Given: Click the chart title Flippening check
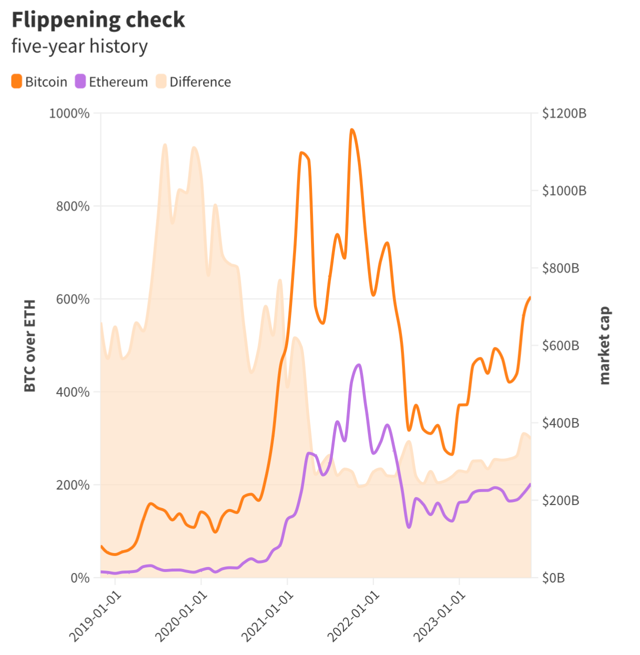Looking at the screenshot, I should coord(98,20).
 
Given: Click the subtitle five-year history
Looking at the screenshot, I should coord(79,46).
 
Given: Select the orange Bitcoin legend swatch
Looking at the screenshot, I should coord(16,81).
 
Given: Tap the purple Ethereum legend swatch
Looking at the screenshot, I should coord(80,81).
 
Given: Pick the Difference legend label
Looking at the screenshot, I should coord(200,82).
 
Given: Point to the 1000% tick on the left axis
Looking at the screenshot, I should coord(69,113).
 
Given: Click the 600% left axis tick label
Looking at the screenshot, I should coord(73,299).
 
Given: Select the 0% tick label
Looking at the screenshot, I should coord(80,578).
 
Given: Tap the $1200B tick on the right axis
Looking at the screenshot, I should coord(564,113).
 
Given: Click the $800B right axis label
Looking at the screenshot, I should coord(560,268).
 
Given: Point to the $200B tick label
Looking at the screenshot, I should coord(560,500).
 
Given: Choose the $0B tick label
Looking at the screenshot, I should coord(553,578).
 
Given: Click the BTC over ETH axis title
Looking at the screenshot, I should coord(30,345).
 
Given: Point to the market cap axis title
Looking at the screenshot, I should coord(604,345).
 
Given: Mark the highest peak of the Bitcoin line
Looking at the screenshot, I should coord(352,130).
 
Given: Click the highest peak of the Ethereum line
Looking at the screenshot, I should coord(358,365).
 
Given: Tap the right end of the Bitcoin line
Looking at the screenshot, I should coord(530,297).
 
